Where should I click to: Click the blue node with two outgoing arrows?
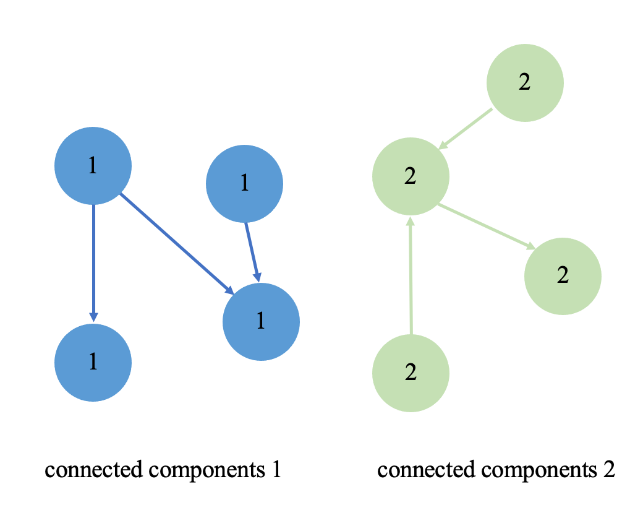[93, 166]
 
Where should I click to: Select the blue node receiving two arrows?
[261, 321]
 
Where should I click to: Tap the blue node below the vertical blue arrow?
[93, 363]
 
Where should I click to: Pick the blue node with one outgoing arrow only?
[244, 183]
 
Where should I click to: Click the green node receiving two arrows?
[411, 176]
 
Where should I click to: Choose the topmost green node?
[525, 83]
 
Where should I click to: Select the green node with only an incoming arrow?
[563, 275]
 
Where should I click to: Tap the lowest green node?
[411, 373]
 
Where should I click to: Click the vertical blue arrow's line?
[93, 260]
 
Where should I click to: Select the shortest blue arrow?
[251, 251]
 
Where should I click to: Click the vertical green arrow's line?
[411, 279]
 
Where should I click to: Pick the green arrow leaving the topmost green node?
[467, 128]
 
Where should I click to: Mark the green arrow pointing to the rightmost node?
[485, 227]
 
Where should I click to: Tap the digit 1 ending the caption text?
[276, 471]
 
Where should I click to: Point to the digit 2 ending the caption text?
[609, 471]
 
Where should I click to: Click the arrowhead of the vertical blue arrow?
[93, 316]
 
